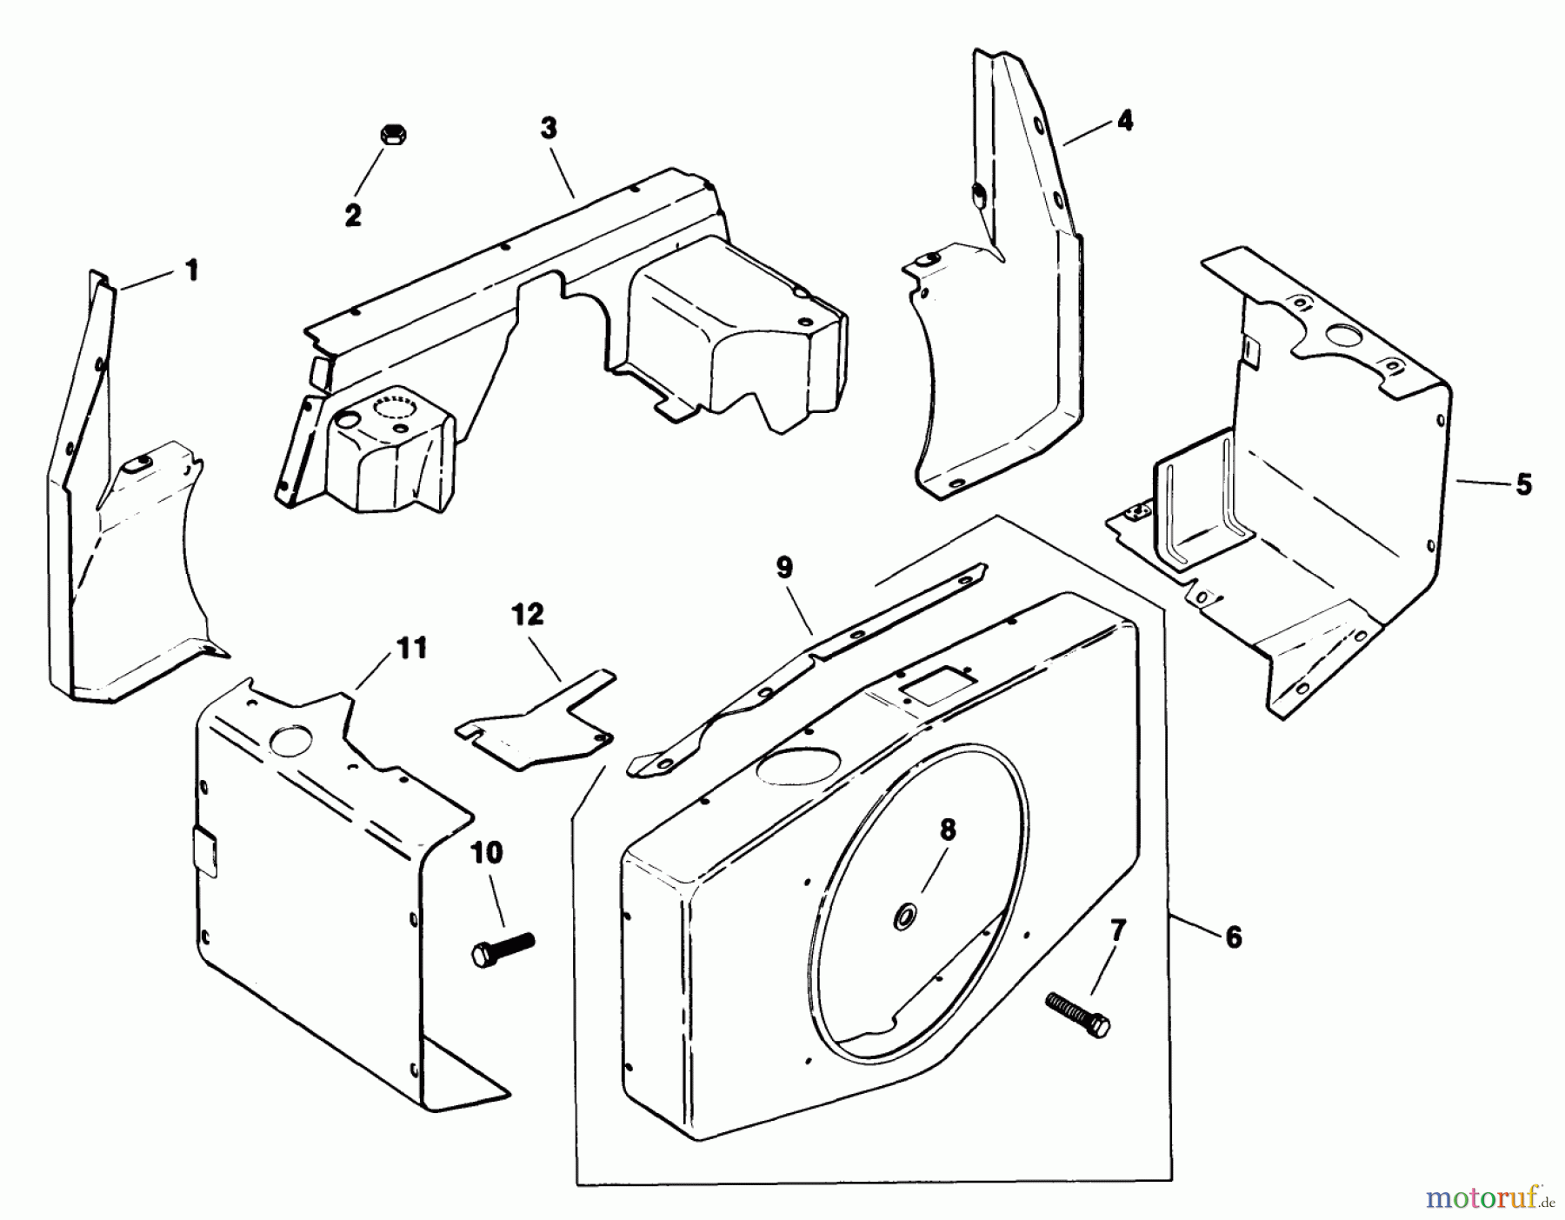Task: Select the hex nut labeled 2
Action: [393, 137]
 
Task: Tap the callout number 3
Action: [548, 129]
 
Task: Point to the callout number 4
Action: [1124, 120]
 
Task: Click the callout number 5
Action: [1522, 484]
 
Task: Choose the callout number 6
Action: [1233, 937]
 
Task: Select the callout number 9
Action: [784, 568]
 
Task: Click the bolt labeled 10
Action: [503, 948]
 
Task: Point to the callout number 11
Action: [412, 647]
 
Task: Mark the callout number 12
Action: [528, 615]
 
